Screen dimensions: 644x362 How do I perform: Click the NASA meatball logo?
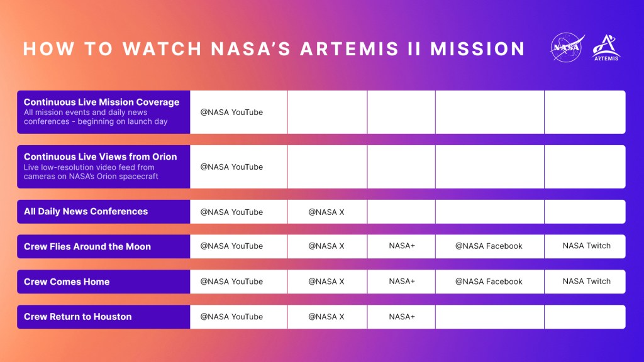tap(567, 48)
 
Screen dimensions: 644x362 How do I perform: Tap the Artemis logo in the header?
tap(606, 48)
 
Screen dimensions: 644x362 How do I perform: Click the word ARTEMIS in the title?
tap(349, 49)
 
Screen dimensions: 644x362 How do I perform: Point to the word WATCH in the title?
tap(162, 49)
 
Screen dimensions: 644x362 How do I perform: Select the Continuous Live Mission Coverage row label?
tap(101, 102)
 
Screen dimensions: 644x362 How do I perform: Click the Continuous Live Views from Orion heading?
tap(100, 156)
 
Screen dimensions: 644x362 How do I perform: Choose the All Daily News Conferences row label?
tap(86, 211)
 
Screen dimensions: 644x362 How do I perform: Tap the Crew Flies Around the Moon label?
tap(87, 246)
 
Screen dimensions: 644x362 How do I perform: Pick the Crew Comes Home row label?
tap(67, 282)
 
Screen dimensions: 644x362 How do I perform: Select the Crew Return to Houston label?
tap(77, 317)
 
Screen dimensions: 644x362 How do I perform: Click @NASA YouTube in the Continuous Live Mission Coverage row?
tap(231, 112)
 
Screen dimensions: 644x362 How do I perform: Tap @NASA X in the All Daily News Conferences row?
tap(326, 212)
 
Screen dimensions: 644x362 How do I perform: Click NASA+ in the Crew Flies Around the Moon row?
tap(402, 246)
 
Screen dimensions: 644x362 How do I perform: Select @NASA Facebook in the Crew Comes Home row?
tap(489, 282)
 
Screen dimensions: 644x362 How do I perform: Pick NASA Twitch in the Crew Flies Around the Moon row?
tap(587, 246)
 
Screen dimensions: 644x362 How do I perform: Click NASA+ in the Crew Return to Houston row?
tap(402, 317)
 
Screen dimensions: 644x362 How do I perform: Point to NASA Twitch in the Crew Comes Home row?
tap(587, 282)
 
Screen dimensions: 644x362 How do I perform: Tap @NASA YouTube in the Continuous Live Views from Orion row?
tap(231, 167)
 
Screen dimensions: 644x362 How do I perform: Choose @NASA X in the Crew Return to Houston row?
tap(326, 317)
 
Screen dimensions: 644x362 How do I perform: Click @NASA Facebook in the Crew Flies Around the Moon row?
tap(489, 246)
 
